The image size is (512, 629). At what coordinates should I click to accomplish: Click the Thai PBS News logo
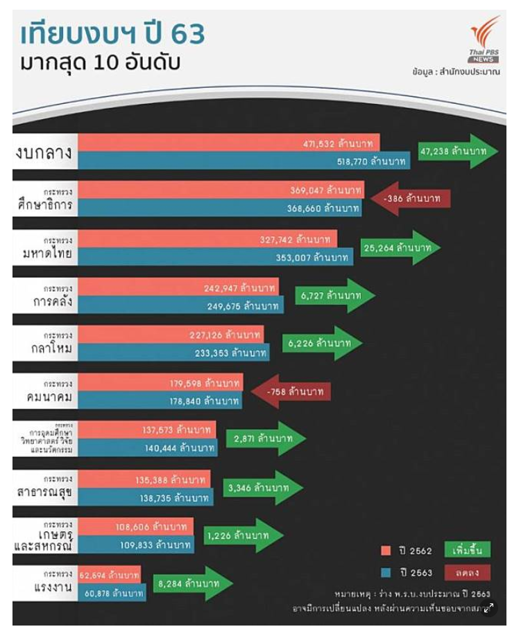484,41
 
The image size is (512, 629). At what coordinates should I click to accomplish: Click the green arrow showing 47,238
456,151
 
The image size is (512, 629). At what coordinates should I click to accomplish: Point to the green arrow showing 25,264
399,247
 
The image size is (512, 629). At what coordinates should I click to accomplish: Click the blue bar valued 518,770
243,161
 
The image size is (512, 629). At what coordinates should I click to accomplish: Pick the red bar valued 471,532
229,143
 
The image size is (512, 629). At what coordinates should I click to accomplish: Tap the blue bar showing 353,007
215,257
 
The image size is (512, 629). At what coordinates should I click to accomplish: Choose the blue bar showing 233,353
173,353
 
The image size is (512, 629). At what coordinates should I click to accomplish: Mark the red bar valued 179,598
160,382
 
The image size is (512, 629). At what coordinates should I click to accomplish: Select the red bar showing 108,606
135,526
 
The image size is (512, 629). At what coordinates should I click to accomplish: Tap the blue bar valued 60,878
111,593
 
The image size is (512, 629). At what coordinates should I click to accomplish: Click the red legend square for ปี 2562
386,551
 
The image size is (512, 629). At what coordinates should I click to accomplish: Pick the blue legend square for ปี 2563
386,573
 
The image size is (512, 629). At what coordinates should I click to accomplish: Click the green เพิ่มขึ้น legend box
467,550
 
